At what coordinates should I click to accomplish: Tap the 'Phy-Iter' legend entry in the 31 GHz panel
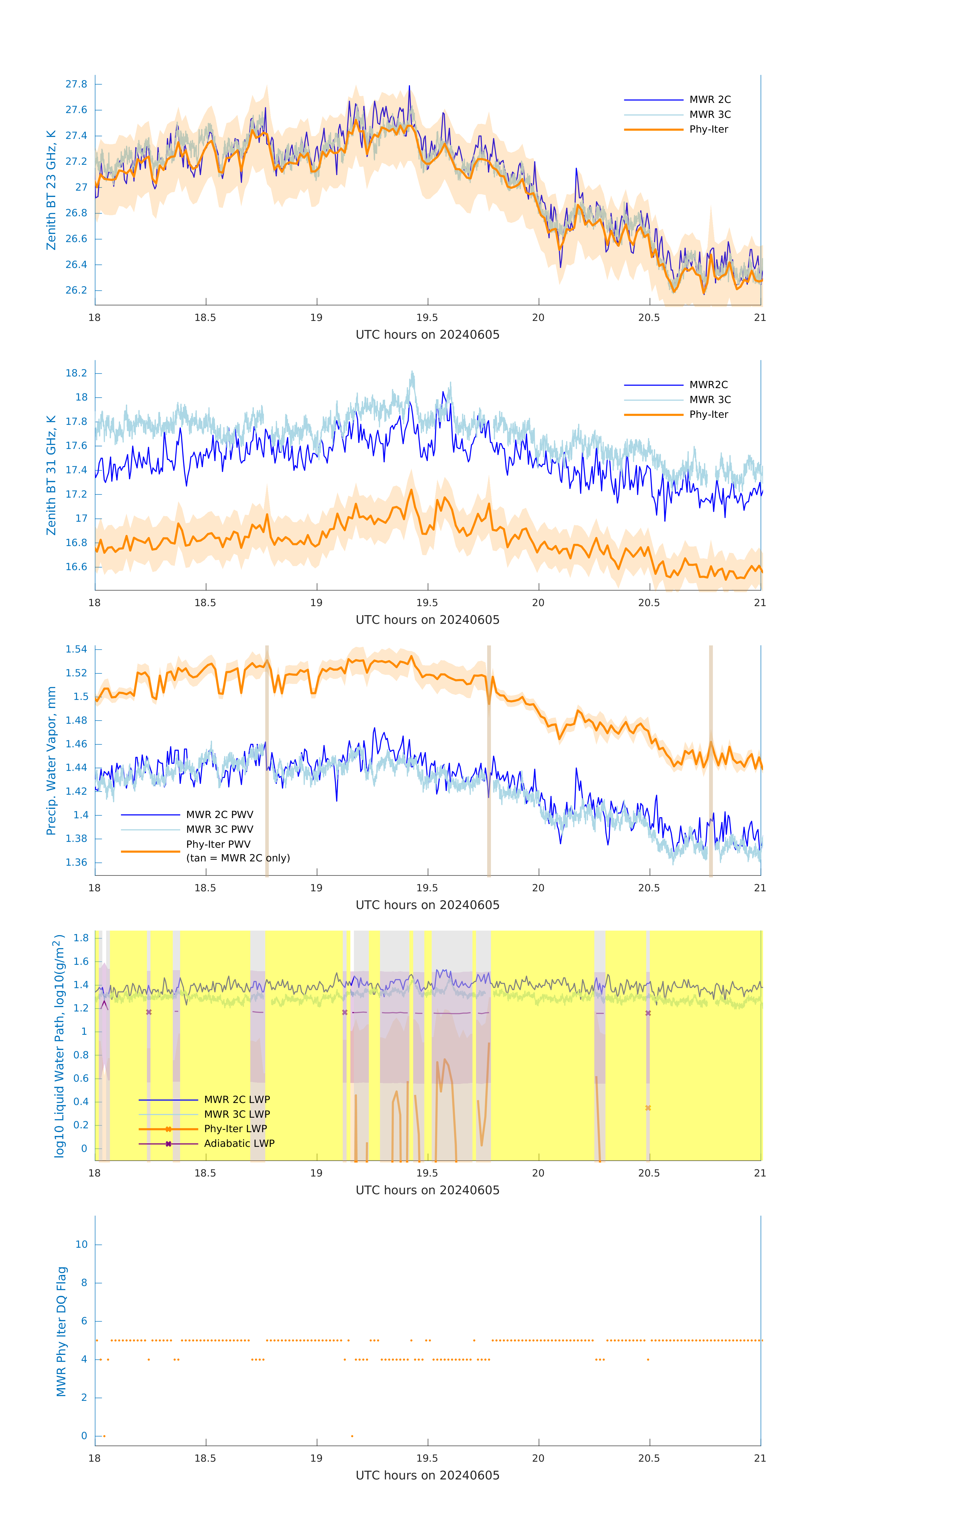point(708,414)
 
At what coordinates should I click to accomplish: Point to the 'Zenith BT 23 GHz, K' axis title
point(51,190)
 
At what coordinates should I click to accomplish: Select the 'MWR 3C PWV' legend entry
point(219,829)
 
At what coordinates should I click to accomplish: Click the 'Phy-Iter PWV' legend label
point(218,844)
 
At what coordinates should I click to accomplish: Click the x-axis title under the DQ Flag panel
point(427,1476)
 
